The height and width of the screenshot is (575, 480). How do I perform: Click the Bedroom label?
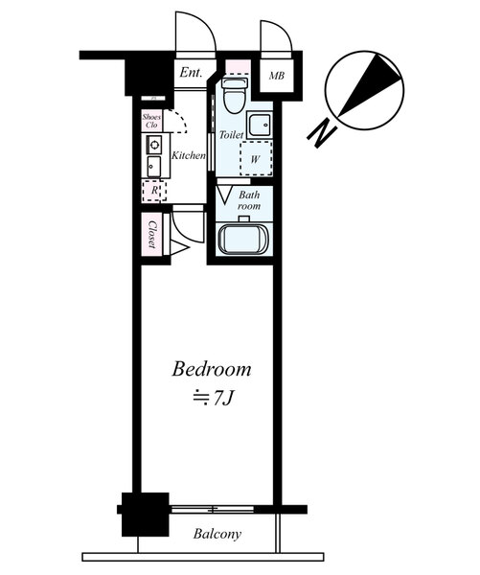pos(212,369)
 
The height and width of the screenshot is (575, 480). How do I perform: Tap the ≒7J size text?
pos(213,398)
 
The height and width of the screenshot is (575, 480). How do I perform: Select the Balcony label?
pos(217,534)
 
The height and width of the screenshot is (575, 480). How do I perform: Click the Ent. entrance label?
pos(191,73)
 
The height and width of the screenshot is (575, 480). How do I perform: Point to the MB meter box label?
pos(277,76)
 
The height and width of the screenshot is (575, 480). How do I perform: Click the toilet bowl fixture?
pos(235,95)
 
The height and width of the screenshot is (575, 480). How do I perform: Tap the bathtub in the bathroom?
pos(243,239)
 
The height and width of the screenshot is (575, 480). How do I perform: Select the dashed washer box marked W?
pos(256,158)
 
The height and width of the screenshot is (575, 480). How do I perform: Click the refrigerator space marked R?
pos(154,191)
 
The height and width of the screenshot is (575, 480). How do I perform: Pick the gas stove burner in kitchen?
pos(154,145)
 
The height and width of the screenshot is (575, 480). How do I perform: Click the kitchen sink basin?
pos(154,167)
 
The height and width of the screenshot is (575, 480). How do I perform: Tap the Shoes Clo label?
pos(151,121)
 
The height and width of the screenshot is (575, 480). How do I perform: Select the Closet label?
pos(152,235)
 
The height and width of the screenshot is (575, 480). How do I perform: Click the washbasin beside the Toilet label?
pos(260,125)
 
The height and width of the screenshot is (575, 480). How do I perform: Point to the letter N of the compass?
pos(322,134)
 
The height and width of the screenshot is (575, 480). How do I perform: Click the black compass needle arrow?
pos(369,85)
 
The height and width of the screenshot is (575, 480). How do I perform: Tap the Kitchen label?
pos(189,155)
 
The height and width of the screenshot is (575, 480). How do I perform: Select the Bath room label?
pos(249,200)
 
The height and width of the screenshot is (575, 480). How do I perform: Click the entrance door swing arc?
pos(204,25)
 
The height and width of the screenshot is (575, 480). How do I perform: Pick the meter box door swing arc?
pos(283,29)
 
